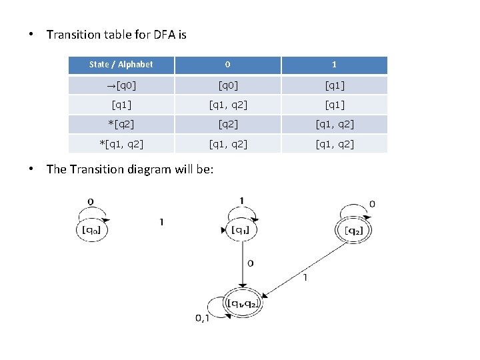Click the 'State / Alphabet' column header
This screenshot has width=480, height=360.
[121, 65]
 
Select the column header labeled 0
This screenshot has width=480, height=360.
[227, 65]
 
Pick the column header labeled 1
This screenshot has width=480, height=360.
[334, 65]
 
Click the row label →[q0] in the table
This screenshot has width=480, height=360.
[121, 85]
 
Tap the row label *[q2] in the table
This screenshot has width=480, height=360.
[121, 124]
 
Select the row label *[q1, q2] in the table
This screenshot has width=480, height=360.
[121, 144]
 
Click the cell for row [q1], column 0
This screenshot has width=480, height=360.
[227, 105]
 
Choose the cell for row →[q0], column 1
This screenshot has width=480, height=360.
[334, 85]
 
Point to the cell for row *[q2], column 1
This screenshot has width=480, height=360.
[334, 124]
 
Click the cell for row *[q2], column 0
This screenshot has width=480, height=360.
[227, 124]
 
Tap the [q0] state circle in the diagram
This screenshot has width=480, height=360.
[92, 231]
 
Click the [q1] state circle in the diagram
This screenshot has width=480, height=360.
[241, 230]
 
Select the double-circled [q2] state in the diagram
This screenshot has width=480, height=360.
[353, 231]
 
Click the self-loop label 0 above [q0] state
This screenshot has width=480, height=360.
[90, 201]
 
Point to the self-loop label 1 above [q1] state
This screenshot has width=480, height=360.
[241, 201]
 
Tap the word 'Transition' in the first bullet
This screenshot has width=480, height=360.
[74, 34]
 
